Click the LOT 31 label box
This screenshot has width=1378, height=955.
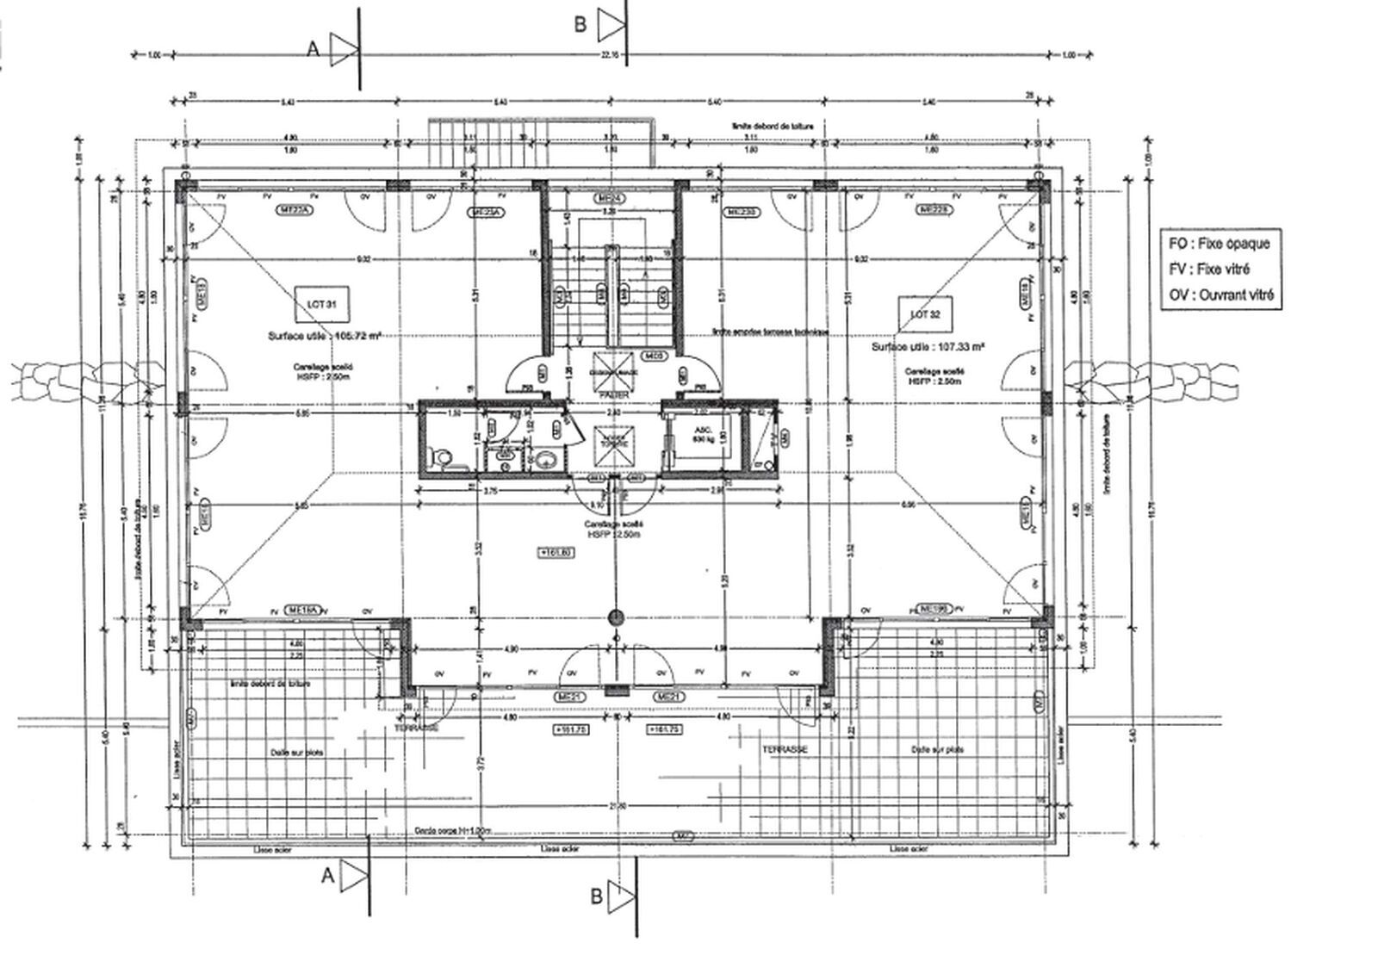pos(315,301)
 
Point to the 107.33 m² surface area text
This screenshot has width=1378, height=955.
pos(928,347)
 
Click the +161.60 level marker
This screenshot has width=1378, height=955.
pos(556,553)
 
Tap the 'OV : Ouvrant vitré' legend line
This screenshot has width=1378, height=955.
pos(1221,295)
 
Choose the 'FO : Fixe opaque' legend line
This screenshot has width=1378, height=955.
pos(1219,244)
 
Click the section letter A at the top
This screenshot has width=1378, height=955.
pos(313,50)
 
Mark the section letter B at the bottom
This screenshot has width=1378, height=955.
pos(596,896)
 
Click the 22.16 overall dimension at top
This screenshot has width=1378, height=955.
pos(611,54)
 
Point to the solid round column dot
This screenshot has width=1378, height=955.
pos(615,617)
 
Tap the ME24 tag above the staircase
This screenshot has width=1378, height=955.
pos(611,199)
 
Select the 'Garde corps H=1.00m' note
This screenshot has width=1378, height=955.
pos(453,832)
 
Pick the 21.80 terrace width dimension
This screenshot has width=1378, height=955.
pos(615,806)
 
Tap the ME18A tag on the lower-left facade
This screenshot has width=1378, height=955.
pos(306,610)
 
